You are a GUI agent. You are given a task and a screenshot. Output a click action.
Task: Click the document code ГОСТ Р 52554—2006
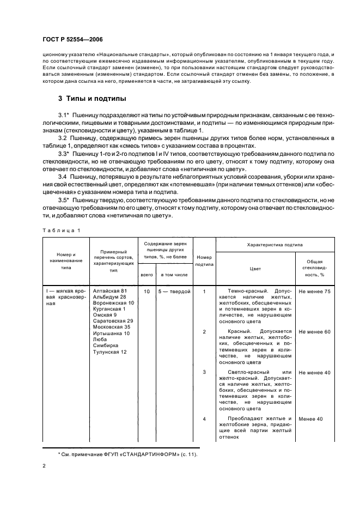[x=73, y=40]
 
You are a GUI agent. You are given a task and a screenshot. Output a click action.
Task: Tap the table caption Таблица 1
[x=60, y=230]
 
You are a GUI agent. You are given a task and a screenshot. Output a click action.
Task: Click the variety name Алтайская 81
[x=110, y=291]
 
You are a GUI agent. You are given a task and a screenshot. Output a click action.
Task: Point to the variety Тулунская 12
[x=110, y=352]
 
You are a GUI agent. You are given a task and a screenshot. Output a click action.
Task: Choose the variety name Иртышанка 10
[x=112, y=333]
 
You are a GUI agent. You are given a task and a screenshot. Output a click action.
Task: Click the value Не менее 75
[x=314, y=292]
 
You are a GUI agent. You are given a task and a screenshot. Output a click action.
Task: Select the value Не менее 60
[x=314, y=331]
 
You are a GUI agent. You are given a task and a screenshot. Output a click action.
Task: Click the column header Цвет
[x=255, y=268]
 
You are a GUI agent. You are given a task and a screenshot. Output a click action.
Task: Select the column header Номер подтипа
[x=204, y=260]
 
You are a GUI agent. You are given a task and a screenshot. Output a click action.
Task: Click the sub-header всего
[x=147, y=275]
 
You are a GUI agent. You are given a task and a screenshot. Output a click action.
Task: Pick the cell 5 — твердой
[x=174, y=292]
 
